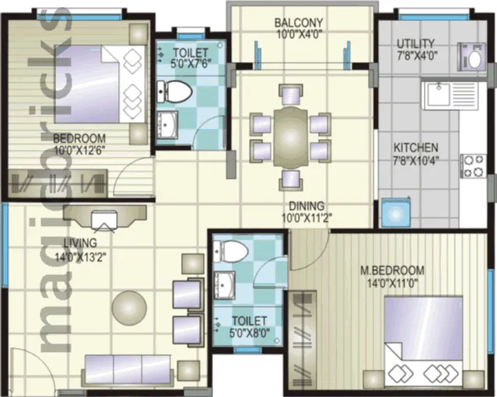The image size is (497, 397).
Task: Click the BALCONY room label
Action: [299, 23]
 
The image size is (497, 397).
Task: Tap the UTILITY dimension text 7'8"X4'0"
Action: [417, 56]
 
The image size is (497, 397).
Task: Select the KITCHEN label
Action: [416, 148]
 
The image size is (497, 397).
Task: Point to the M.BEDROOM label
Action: [393, 270]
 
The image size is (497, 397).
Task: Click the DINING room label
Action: [306, 206]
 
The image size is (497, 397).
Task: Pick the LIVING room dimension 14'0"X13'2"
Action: [81, 256]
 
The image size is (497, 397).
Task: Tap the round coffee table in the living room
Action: [129, 308]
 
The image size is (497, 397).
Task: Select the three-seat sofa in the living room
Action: [128, 370]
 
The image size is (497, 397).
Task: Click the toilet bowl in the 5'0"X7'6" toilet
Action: [175, 92]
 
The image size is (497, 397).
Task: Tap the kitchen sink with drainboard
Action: [450, 95]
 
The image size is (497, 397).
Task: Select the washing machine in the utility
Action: [471, 57]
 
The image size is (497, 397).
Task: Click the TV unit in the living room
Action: [104, 218]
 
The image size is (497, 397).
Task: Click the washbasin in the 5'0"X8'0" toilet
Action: [225, 285]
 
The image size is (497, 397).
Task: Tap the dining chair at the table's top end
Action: [291, 94]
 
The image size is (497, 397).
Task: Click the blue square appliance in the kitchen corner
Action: [396, 213]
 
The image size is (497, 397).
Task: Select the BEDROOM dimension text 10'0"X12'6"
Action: [79, 150]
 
